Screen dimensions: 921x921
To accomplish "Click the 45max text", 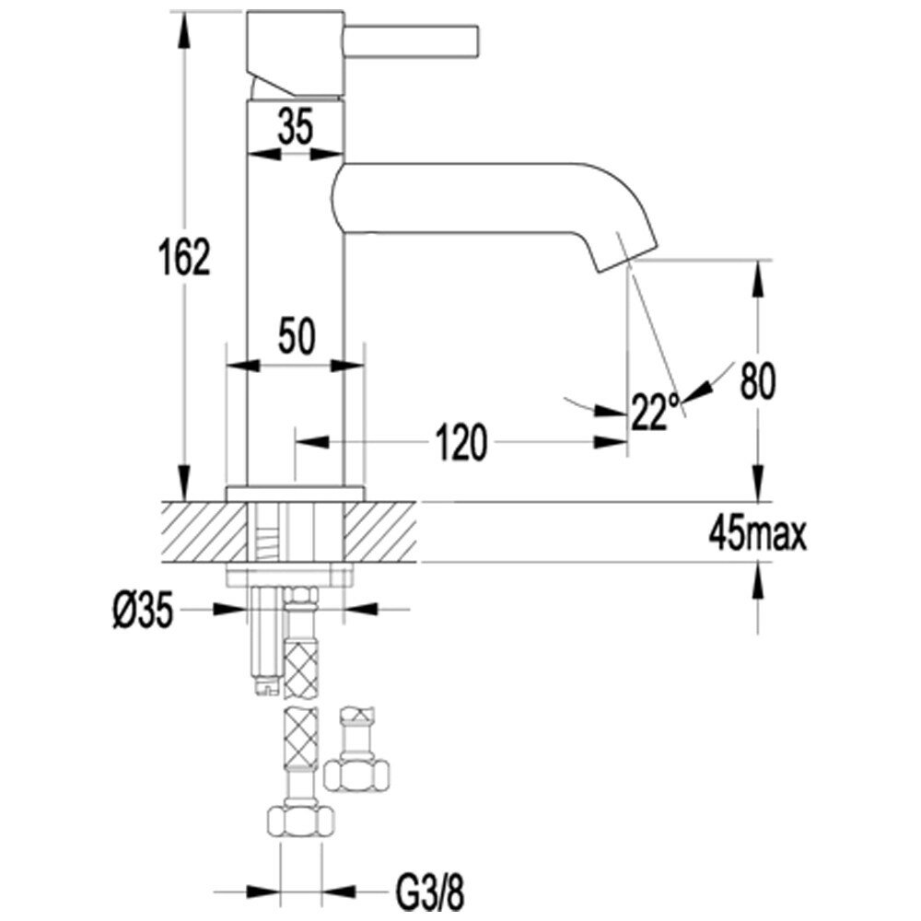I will [757, 533].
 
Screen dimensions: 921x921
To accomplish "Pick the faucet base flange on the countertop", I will [295, 493].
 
